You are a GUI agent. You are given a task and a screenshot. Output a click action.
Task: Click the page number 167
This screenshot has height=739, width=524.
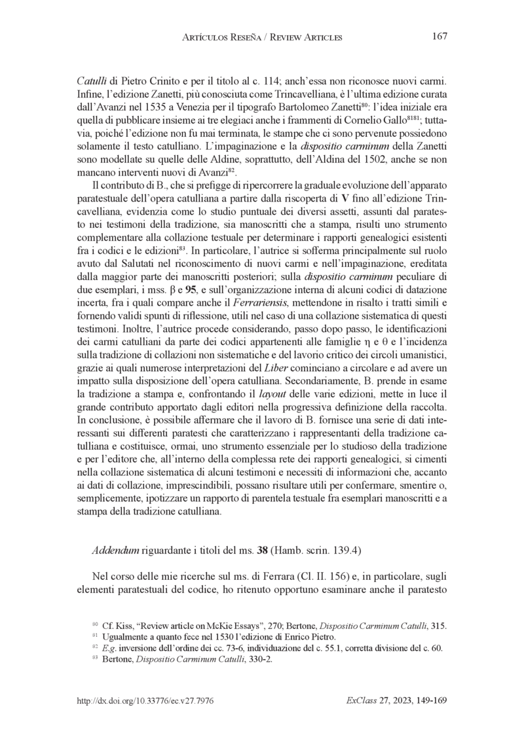(440, 37)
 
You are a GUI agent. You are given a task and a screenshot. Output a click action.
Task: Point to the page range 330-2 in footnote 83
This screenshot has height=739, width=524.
(259, 660)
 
